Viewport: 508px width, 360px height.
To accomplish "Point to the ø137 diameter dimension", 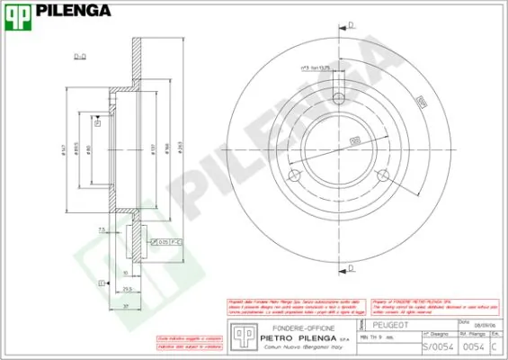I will [155, 151].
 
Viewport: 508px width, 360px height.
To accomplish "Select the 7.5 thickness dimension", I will [103, 230].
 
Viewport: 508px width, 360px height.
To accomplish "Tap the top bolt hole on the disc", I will [338, 100].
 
